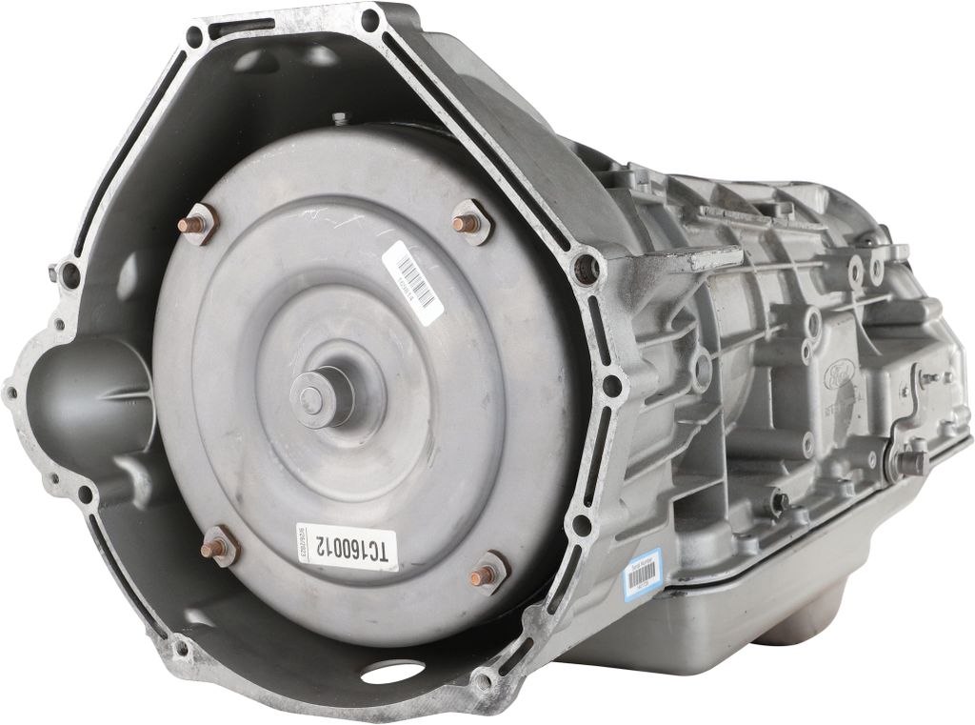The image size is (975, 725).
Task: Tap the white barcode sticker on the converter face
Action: pos(413,279)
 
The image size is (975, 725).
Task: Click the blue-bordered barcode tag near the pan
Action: pos(643,579)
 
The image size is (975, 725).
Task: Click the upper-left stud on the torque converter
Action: pos(198,225)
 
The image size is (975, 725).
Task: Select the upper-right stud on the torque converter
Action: pos(469,222)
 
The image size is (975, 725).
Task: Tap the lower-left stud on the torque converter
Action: pos(219,547)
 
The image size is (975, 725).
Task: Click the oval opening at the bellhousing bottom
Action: pos(392,671)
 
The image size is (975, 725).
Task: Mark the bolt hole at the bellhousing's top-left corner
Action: pos(194,37)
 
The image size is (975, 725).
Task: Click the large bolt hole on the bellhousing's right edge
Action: pos(587,270)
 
